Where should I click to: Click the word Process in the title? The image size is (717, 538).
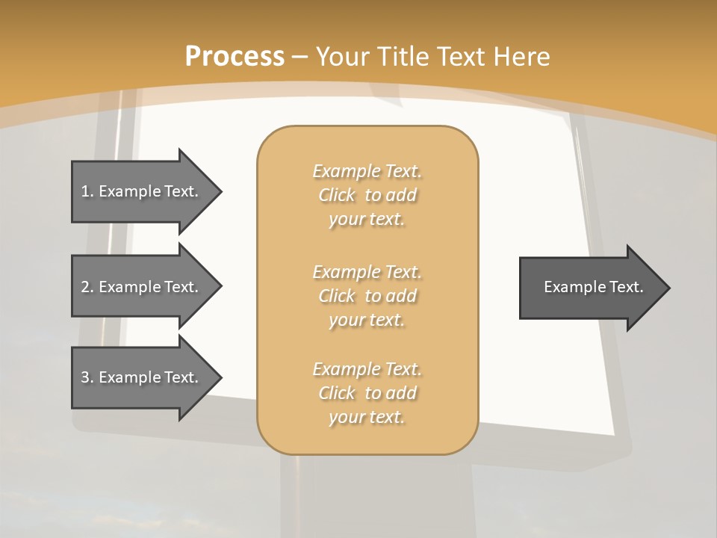(235, 57)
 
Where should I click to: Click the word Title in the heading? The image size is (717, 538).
(404, 57)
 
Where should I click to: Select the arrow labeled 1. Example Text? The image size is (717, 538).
(142, 191)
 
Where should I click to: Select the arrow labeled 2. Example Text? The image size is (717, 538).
(142, 287)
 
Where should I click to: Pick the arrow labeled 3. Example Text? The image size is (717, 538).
(142, 377)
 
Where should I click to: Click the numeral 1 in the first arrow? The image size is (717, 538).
(85, 191)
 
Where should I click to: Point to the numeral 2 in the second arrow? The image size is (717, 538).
(85, 287)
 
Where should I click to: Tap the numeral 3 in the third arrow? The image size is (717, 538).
(85, 377)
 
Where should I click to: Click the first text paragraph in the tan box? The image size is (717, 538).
(367, 195)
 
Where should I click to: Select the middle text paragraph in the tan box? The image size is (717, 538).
(367, 296)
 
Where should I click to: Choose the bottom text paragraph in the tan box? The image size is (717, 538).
(367, 393)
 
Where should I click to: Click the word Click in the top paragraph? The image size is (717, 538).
(337, 195)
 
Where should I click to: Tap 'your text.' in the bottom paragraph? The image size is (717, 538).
(367, 417)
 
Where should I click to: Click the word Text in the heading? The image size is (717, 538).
(464, 57)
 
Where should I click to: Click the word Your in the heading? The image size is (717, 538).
(342, 57)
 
